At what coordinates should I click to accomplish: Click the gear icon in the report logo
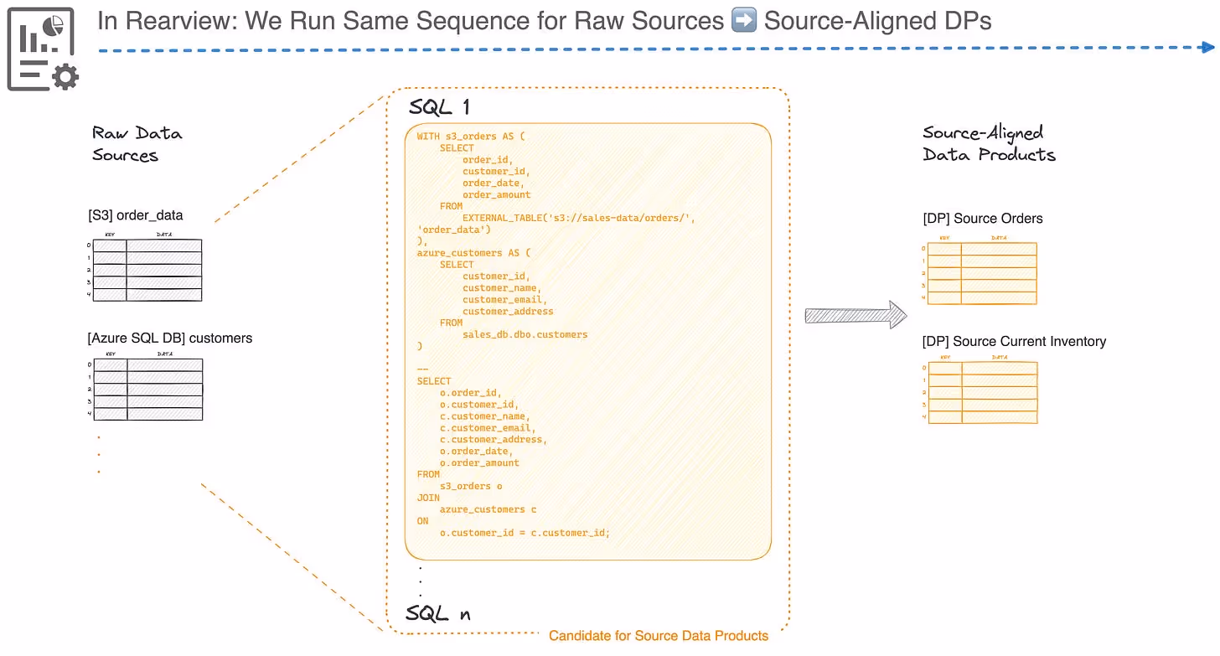coord(65,77)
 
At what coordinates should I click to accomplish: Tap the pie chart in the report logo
coord(54,26)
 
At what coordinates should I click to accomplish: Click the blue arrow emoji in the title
coord(743,21)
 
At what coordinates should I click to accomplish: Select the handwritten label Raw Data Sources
coord(137,144)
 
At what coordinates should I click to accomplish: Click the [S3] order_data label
coord(136,215)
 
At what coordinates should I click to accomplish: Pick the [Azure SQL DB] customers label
coord(169,338)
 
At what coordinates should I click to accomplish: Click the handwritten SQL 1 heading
coord(439,106)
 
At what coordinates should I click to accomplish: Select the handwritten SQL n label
coord(438,613)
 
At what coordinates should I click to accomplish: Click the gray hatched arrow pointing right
coord(856,315)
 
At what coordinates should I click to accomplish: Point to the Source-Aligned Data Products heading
coord(989,144)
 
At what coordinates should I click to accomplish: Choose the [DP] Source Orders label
coord(983,219)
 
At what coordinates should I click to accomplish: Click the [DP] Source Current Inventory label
coord(1014,341)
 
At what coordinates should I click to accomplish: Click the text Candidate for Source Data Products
coord(659,635)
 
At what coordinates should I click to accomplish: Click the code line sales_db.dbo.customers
coord(525,334)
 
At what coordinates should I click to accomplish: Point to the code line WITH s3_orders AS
coord(471,136)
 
